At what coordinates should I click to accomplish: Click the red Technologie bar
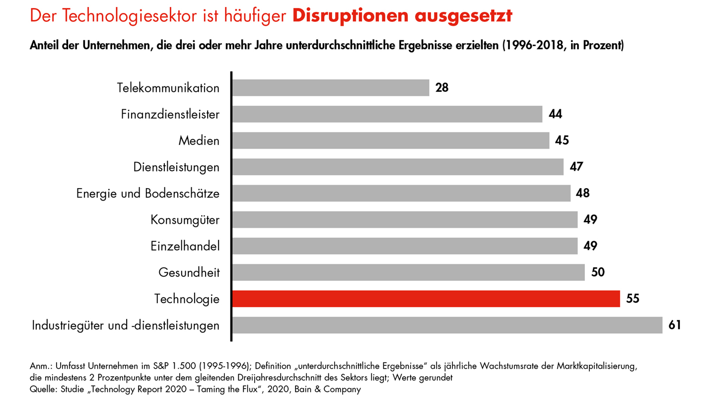(x=426, y=299)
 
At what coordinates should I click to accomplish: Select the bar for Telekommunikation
(x=330, y=88)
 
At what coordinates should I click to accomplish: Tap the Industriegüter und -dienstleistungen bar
(x=447, y=325)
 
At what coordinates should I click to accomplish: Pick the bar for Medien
(x=390, y=140)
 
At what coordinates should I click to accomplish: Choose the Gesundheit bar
(x=408, y=272)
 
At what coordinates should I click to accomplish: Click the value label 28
(x=442, y=88)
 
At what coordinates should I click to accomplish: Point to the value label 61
(x=675, y=325)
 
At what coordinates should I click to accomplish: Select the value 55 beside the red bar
(x=633, y=299)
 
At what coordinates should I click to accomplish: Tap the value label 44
(x=555, y=114)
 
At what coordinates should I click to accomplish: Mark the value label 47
(x=576, y=167)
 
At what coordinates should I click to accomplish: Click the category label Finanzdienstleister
(x=170, y=115)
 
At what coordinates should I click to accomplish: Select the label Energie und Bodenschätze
(x=148, y=193)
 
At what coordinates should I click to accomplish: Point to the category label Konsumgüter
(x=185, y=219)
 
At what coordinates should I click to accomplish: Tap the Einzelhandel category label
(x=185, y=246)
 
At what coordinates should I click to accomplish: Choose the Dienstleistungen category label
(x=176, y=167)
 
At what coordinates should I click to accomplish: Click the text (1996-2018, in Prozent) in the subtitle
(x=563, y=46)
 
